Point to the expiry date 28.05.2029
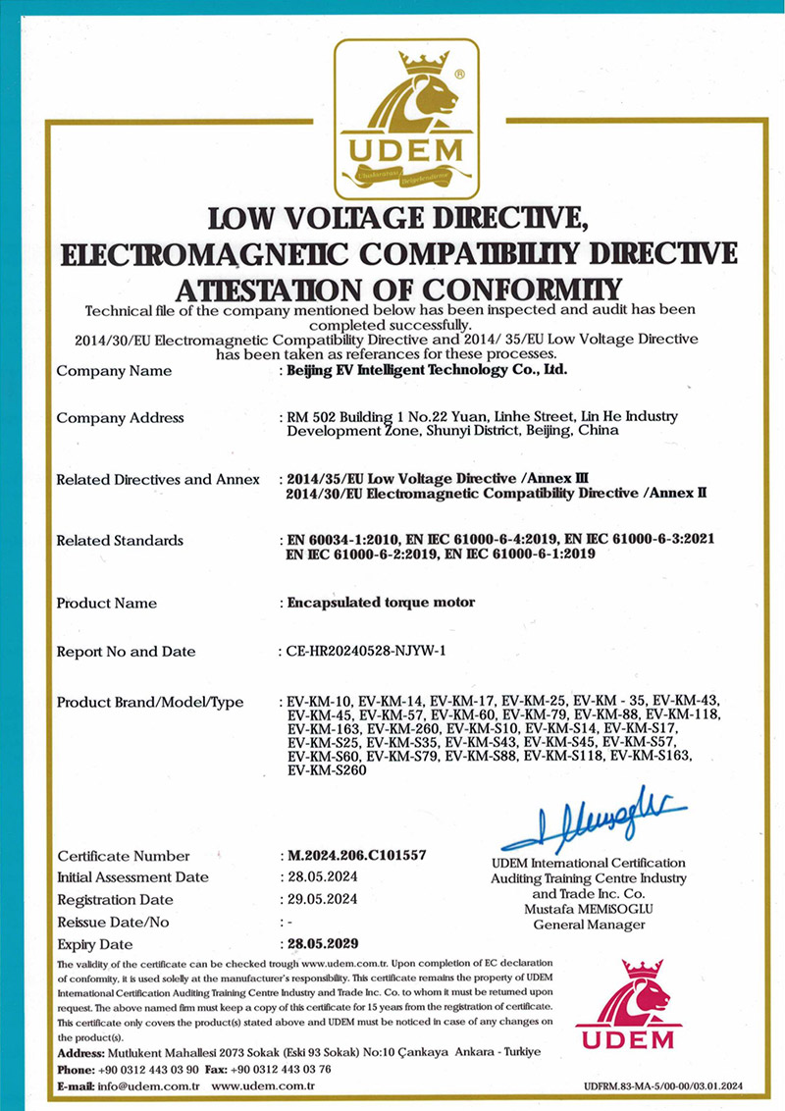pos(323,944)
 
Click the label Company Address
pos(121,418)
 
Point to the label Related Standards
pos(120,540)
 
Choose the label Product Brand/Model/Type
pos(150,702)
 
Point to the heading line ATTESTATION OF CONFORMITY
pos(398,291)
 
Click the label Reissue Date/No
pos(114,922)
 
